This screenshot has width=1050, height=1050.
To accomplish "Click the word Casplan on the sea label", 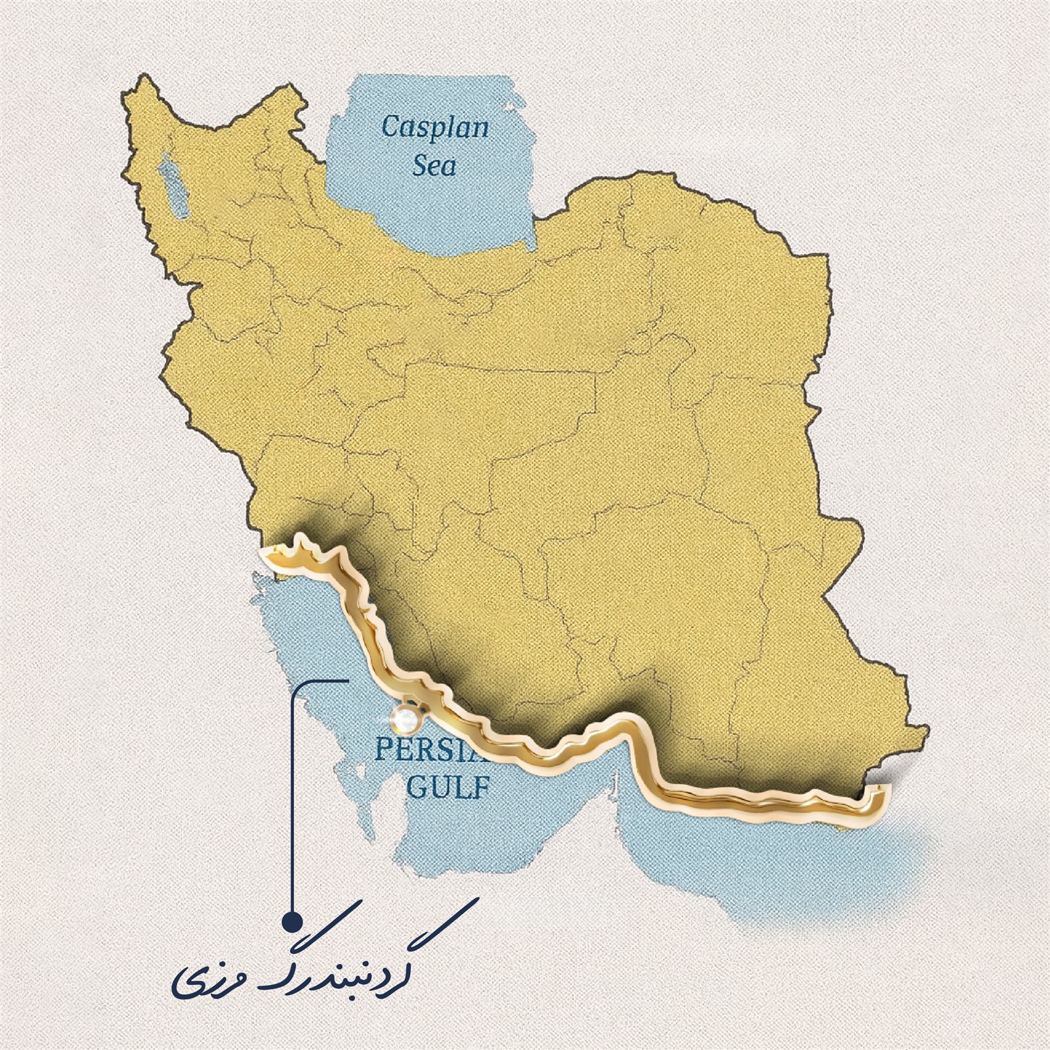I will pos(435,127).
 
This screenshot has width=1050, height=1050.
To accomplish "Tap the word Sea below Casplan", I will pos(434,165).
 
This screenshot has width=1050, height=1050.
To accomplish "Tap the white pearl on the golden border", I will pos(406,719).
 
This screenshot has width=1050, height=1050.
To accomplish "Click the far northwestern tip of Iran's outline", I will pos(139,77).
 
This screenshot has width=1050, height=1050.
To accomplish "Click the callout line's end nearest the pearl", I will pos(346,681).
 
